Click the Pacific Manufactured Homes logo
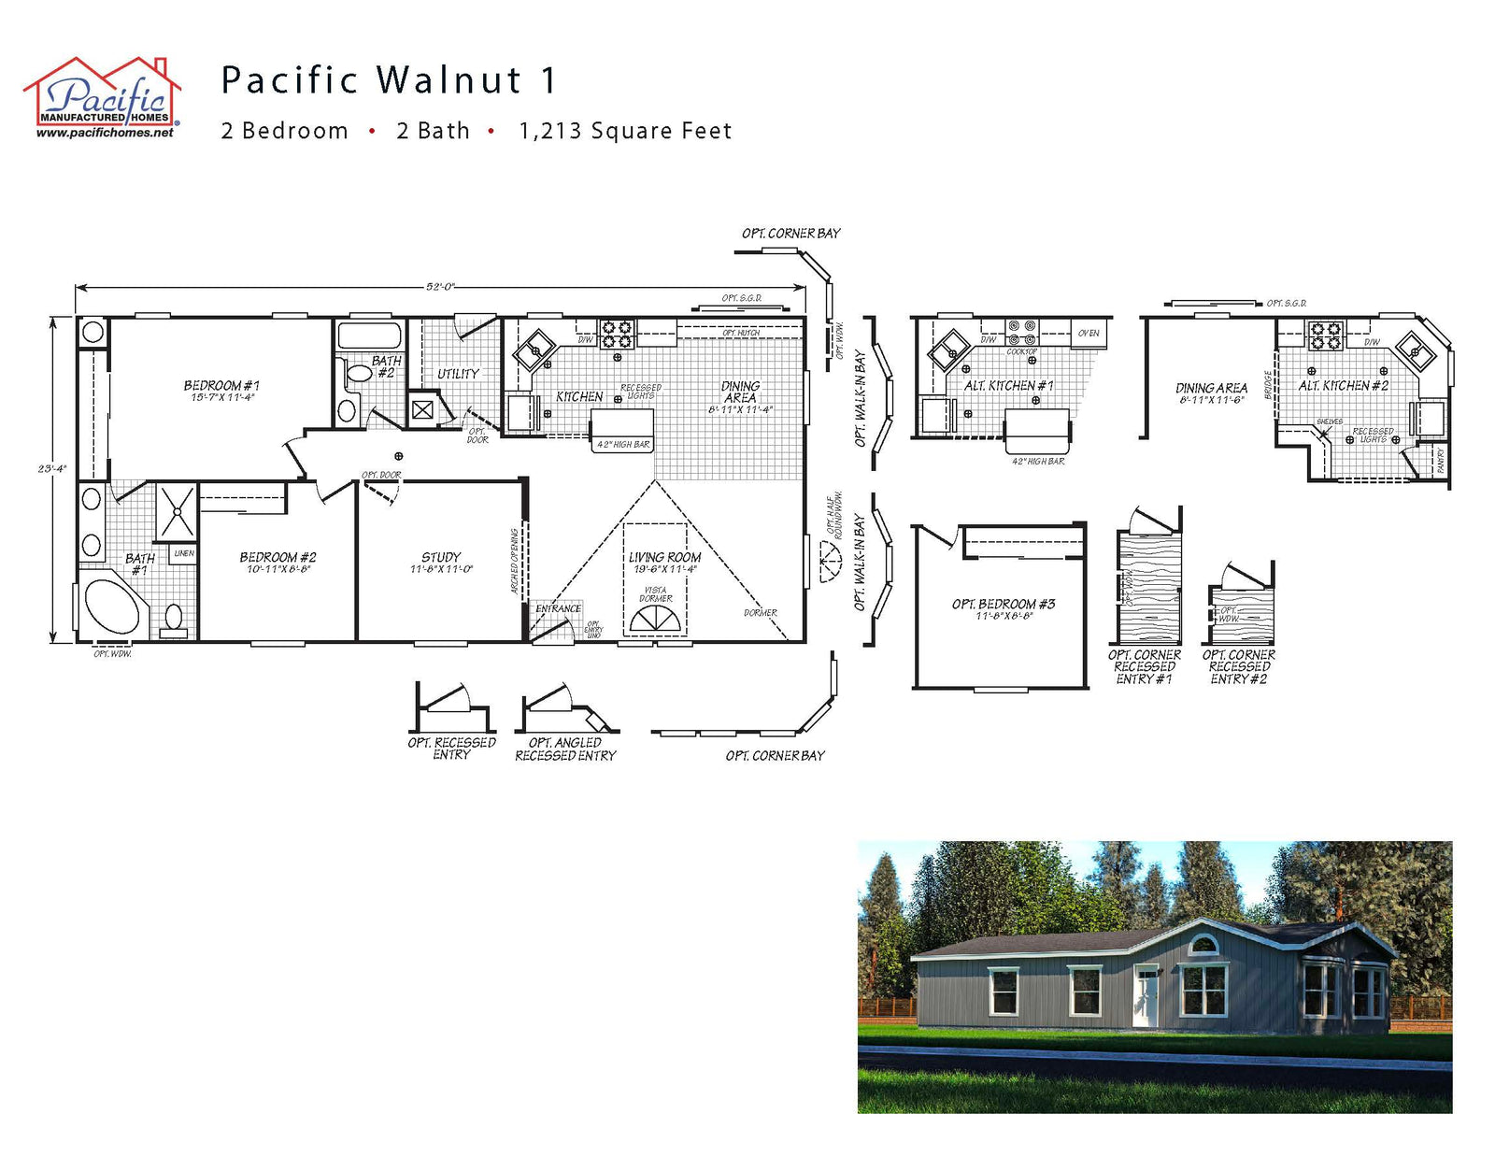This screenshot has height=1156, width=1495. pos(102,98)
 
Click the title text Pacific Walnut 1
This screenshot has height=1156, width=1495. pos(389,80)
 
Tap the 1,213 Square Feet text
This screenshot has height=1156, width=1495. pos(625,131)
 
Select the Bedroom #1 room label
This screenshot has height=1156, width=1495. pos(221,386)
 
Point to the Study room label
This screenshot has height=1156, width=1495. pos(440,558)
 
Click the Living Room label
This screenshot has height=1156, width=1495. pos(664,558)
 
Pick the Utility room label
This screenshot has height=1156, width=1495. pos(458,374)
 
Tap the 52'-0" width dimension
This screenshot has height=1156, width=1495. pos(439,287)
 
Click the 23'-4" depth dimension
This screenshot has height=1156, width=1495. pos(52,468)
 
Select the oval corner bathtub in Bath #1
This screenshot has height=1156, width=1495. pos(112,607)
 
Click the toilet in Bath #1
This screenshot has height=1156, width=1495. pos(174,619)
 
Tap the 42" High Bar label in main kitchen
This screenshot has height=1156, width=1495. pos(623,445)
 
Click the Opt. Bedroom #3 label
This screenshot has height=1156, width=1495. pos(1003,605)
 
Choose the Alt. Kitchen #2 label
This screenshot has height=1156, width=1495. pos(1343,386)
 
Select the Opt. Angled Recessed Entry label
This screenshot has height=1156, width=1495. pos(565,749)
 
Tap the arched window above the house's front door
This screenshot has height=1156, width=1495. pos(1203,944)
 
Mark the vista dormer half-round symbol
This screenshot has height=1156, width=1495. pos(656,620)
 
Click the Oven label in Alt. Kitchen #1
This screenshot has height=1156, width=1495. pos(1089,334)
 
